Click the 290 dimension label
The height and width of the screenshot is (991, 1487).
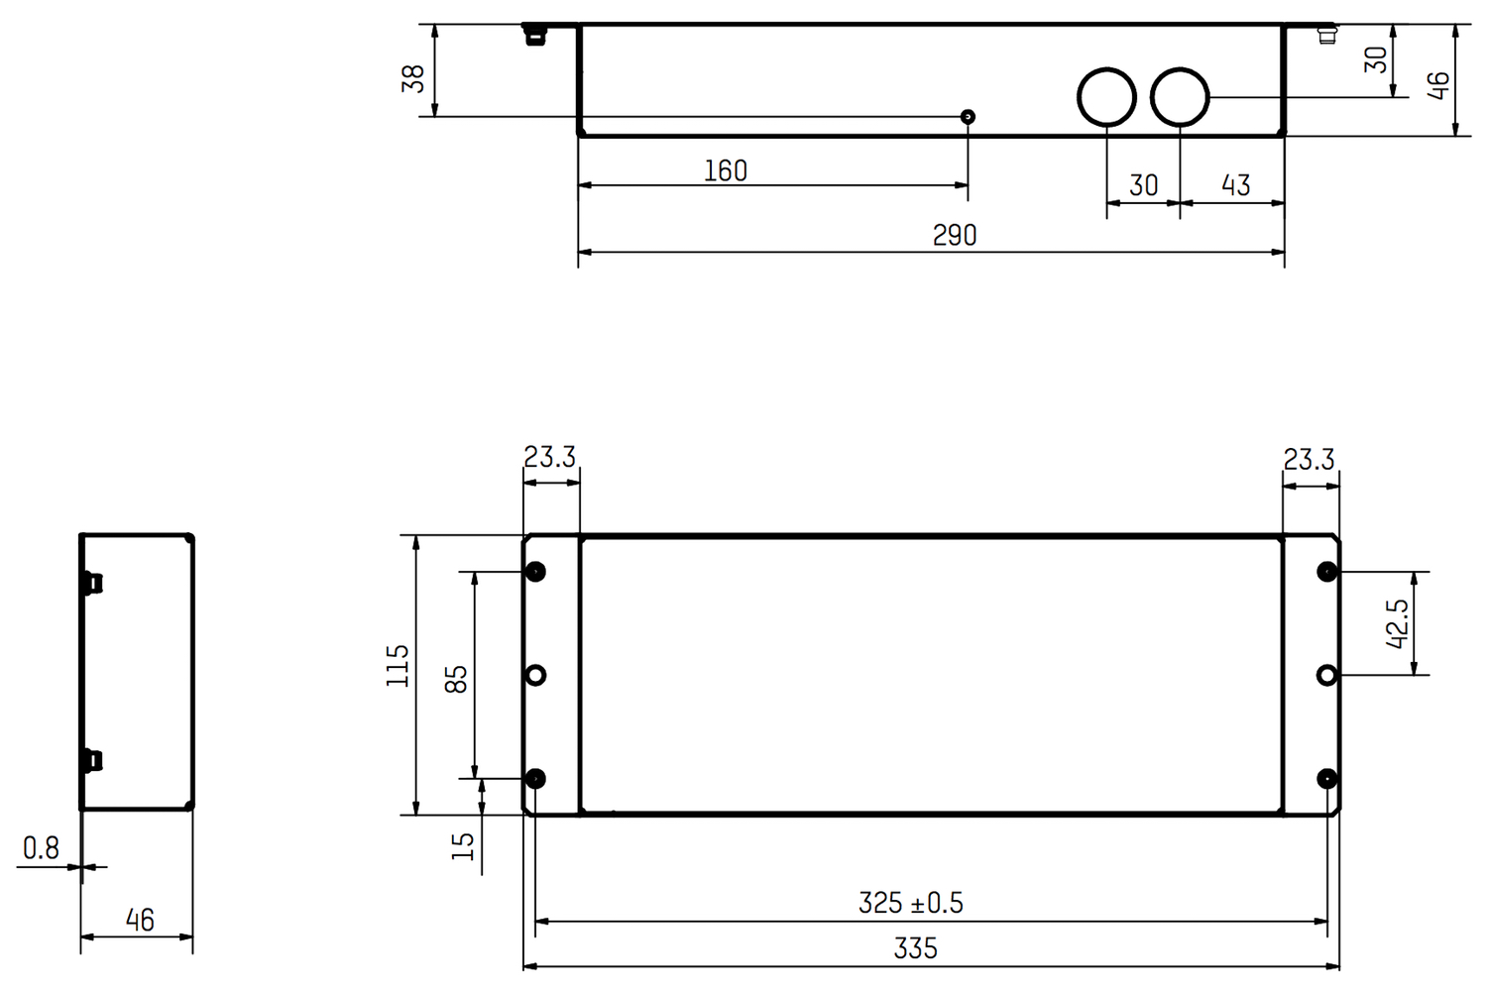pos(954,235)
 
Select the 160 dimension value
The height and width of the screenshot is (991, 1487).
pos(725,170)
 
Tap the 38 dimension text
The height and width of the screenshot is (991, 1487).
pos(412,78)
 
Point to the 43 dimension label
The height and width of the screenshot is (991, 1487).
pos(1235,185)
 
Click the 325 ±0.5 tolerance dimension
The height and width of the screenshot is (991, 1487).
pos(910,903)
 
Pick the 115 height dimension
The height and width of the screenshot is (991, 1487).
pos(398,665)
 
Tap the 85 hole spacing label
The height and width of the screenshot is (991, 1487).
pos(456,679)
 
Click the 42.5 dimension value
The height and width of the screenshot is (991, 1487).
pos(1397,623)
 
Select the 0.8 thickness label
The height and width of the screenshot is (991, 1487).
pos(41,847)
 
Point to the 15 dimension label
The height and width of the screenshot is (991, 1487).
pos(463,845)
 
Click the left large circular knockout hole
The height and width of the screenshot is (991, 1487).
pos(1106,97)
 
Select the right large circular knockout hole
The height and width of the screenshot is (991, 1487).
pos(1180,97)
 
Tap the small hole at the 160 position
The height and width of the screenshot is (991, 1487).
pos(969,117)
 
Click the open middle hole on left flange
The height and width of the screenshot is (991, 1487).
pos(535,675)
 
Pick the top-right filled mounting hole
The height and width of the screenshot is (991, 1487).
pos(1326,572)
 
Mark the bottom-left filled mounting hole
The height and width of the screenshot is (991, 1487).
pos(535,779)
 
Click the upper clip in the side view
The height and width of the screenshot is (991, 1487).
pos(94,583)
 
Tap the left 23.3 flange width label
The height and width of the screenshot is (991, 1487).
pos(549,457)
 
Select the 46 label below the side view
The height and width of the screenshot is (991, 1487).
pos(140,921)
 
